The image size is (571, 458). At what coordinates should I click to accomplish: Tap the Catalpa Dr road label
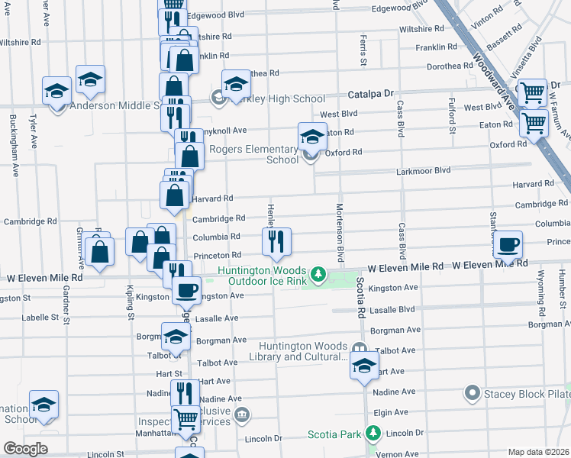(370, 93)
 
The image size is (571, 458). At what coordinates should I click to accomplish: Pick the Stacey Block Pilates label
(527, 394)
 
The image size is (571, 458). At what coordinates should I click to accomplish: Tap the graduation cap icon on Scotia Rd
(365, 366)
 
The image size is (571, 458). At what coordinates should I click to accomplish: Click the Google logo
(25, 449)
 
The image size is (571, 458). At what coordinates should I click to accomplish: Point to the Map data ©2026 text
(537, 452)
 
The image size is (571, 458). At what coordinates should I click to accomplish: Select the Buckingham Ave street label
(14, 145)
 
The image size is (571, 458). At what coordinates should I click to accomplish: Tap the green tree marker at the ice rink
(322, 273)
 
